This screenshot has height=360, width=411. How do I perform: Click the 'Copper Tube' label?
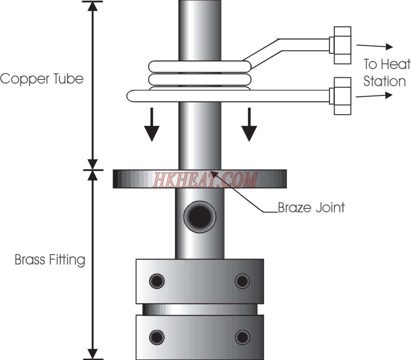(42, 79)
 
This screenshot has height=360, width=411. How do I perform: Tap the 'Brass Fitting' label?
(50, 260)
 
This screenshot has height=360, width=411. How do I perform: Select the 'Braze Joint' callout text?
(311, 207)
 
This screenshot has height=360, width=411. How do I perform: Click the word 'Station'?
(385, 81)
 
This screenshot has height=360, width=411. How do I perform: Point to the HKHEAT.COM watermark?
(205, 180)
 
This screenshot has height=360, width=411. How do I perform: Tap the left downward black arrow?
(152, 125)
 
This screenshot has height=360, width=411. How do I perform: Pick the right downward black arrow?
(249, 125)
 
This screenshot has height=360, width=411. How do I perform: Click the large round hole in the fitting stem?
(200, 217)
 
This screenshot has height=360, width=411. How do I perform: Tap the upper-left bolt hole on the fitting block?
(157, 281)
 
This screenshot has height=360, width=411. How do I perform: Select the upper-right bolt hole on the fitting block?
(242, 281)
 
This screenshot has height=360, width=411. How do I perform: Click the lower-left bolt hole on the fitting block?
(157, 337)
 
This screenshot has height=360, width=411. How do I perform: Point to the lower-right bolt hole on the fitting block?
(242, 337)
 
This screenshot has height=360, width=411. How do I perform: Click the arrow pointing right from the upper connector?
(374, 46)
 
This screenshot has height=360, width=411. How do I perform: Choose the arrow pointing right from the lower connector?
(374, 95)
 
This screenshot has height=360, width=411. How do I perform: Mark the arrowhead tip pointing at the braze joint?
(211, 171)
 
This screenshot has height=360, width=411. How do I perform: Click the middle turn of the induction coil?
(200, 79)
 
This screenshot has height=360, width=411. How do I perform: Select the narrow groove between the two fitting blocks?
(200, 309)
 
